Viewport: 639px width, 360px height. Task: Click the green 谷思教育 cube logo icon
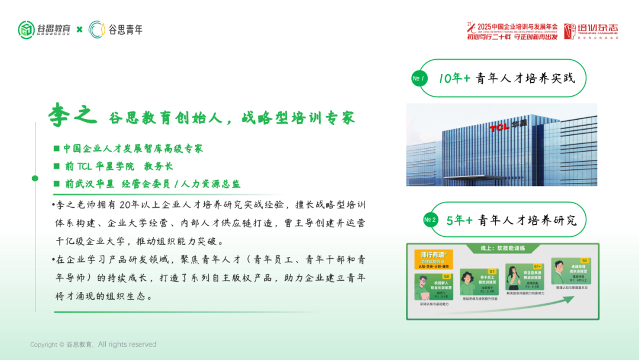click(26, 29)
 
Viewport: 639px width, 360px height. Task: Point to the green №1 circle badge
click(419, 79)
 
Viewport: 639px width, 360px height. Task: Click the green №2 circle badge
click(430, 220)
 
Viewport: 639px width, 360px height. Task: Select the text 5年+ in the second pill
click(459, 220)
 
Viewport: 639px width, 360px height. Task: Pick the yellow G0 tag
click(447, 277)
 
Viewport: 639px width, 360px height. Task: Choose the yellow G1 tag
click(492, 271)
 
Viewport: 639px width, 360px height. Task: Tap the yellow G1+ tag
click(537, 266)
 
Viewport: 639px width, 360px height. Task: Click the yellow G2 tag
click(584, 261)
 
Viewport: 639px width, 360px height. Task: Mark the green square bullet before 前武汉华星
click(56, 184)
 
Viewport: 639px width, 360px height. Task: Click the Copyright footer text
click(93, 345)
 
